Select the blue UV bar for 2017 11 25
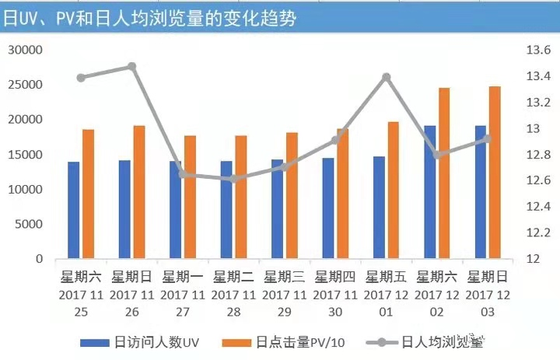[73, 210]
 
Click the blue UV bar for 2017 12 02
[429, 192]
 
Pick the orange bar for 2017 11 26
[138, 192]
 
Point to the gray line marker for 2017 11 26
[131, 67]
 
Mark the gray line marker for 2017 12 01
[386, 77]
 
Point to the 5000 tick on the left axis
[29, 225]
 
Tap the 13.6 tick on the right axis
[538, 51]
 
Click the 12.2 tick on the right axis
[538, 232]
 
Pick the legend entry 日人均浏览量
[436, 342]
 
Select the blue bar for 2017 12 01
[379, 207]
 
